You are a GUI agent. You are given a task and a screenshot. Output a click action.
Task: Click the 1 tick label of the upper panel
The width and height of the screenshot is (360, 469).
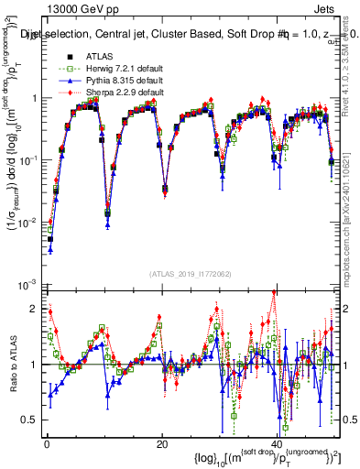35,99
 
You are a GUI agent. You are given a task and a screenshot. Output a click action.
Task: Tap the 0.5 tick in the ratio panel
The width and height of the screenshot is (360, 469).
29,420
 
